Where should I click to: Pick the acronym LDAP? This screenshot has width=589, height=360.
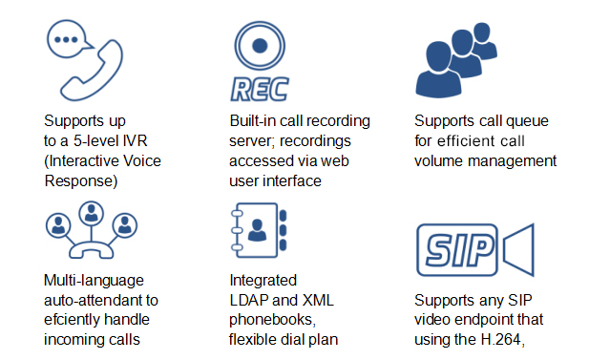(248, 299)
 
